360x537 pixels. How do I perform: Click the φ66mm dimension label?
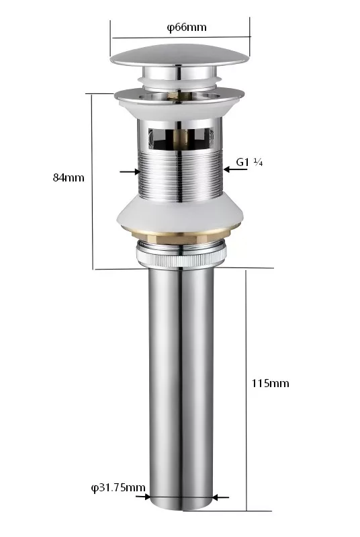point(187,28)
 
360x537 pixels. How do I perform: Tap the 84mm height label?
point(69,177)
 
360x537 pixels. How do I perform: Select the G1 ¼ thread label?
point(249,162)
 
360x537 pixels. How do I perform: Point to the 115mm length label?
point(271,383)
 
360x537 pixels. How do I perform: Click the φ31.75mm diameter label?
point(118,488)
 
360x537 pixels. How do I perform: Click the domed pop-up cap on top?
point(180,55)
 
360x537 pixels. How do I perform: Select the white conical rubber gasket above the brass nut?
point(180,211)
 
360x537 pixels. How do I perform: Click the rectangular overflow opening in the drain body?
point(181,139)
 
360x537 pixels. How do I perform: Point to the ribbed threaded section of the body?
point(180,175)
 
